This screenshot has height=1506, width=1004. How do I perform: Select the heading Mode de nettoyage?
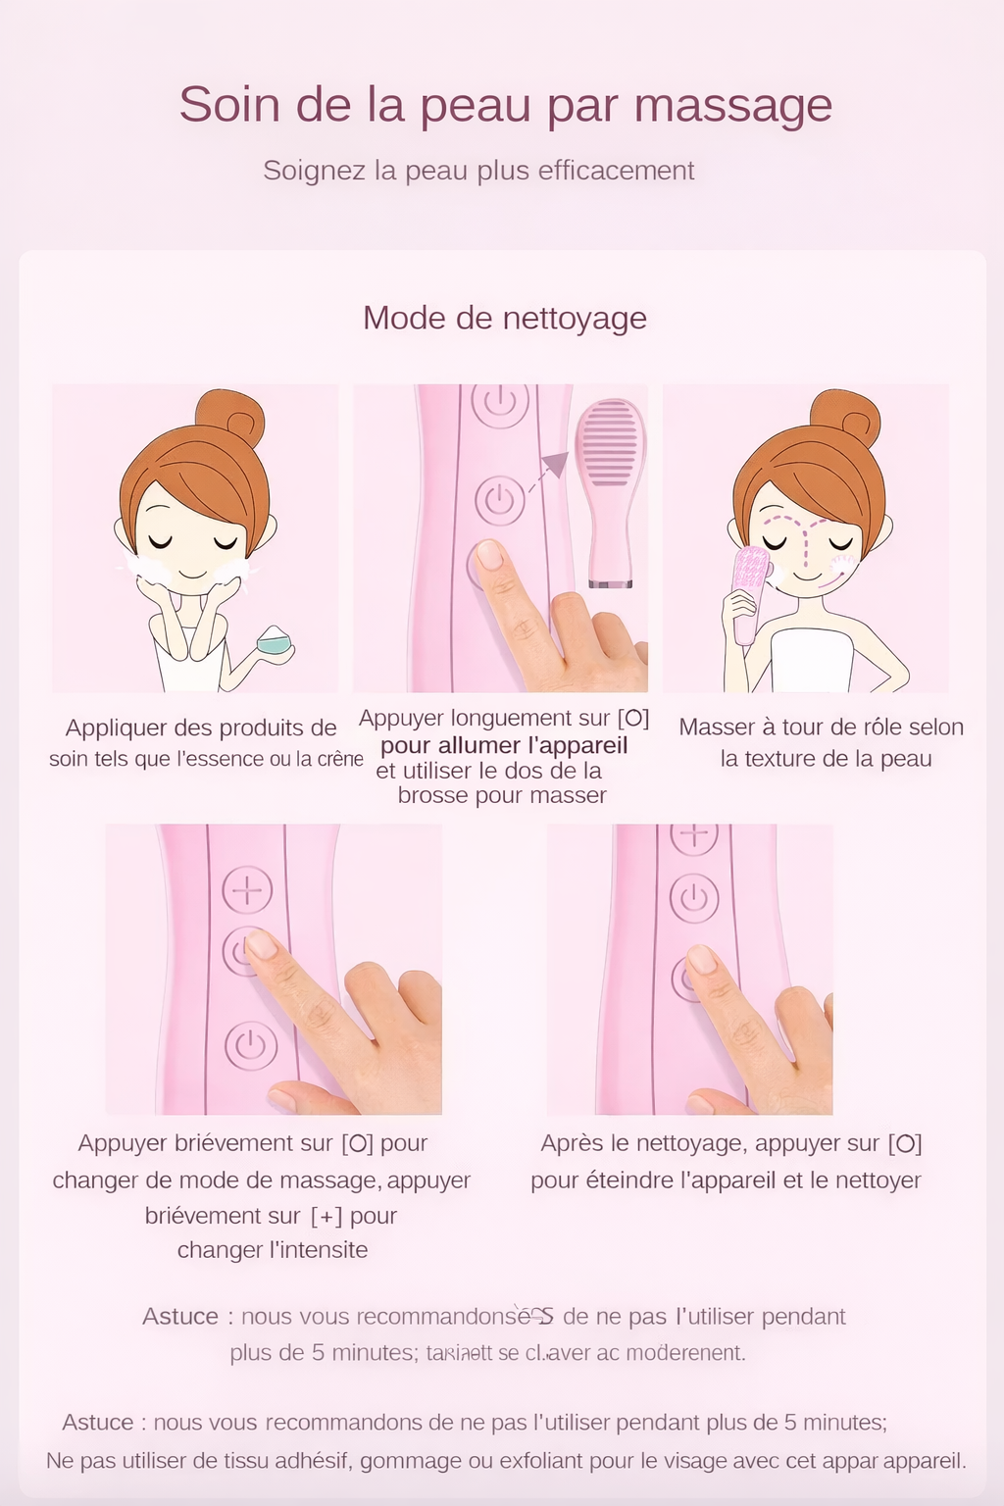504,318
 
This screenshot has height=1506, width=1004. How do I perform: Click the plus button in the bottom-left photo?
247,889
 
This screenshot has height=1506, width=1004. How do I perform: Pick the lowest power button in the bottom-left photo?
251,1045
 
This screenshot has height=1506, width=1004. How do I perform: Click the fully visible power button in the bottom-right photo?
694,897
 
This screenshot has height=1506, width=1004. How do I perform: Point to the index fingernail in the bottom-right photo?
701,958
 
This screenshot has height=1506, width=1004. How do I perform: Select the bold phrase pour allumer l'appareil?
504,745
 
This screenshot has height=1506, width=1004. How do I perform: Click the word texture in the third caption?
796,759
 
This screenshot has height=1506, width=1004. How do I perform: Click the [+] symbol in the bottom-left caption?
326,1216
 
